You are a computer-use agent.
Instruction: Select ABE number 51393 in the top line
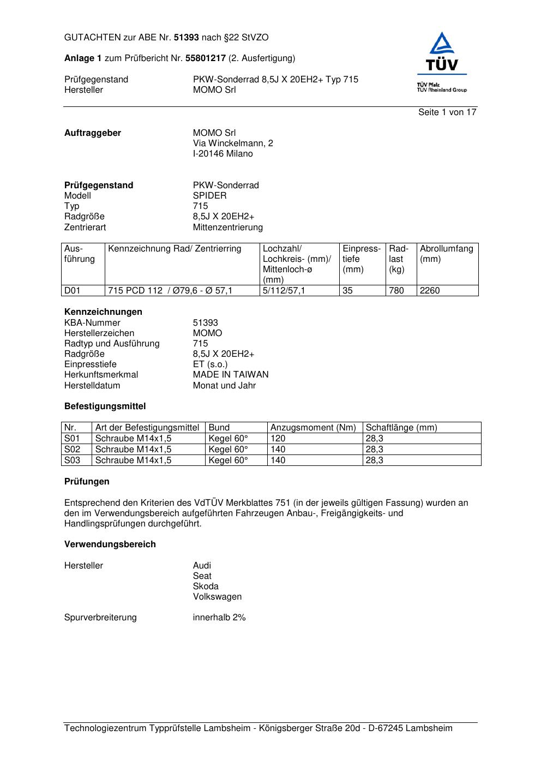point(186,38)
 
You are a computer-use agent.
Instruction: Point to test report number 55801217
point(206,58)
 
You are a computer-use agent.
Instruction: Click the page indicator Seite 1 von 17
point(447,112)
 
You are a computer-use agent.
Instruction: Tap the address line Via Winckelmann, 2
point(233,143)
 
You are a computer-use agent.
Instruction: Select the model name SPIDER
point(209,196)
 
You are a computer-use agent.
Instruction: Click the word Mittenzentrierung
point(227,228)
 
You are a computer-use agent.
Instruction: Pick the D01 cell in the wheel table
point(73,291)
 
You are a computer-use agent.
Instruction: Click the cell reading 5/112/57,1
point(284,291)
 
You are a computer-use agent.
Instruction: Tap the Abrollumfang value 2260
point(430,291)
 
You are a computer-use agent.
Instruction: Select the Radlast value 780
point(396,291)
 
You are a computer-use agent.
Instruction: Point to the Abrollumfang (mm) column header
point(447,254)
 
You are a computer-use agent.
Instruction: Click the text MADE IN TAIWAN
point(231,375)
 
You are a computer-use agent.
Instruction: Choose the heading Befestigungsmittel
point(105,406)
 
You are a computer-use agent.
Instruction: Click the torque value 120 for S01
point(278,439)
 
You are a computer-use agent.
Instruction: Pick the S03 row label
point(73,460)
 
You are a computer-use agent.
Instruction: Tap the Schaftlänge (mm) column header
point(401,428)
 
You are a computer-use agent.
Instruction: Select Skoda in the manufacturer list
point(206,587)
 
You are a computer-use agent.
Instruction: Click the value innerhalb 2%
point(219,618)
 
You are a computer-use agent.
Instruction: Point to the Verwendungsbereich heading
point(110,544)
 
